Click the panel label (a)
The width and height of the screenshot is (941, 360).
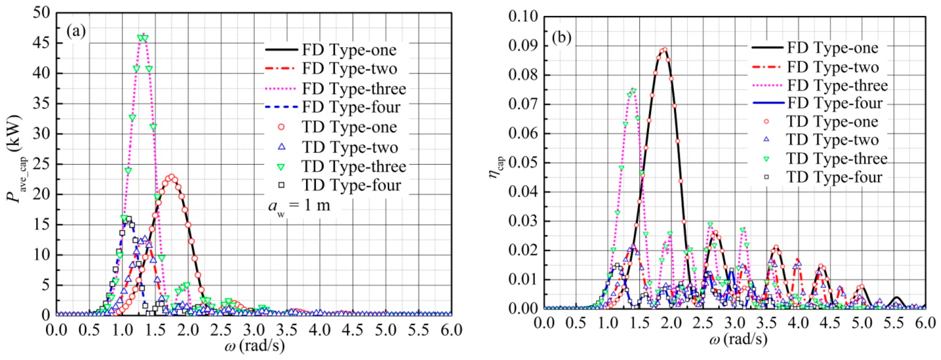(x=76, y=32)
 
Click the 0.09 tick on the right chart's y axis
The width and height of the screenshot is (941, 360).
(x=522, y=46)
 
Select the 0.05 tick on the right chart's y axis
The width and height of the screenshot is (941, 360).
(x=522, y=163)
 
